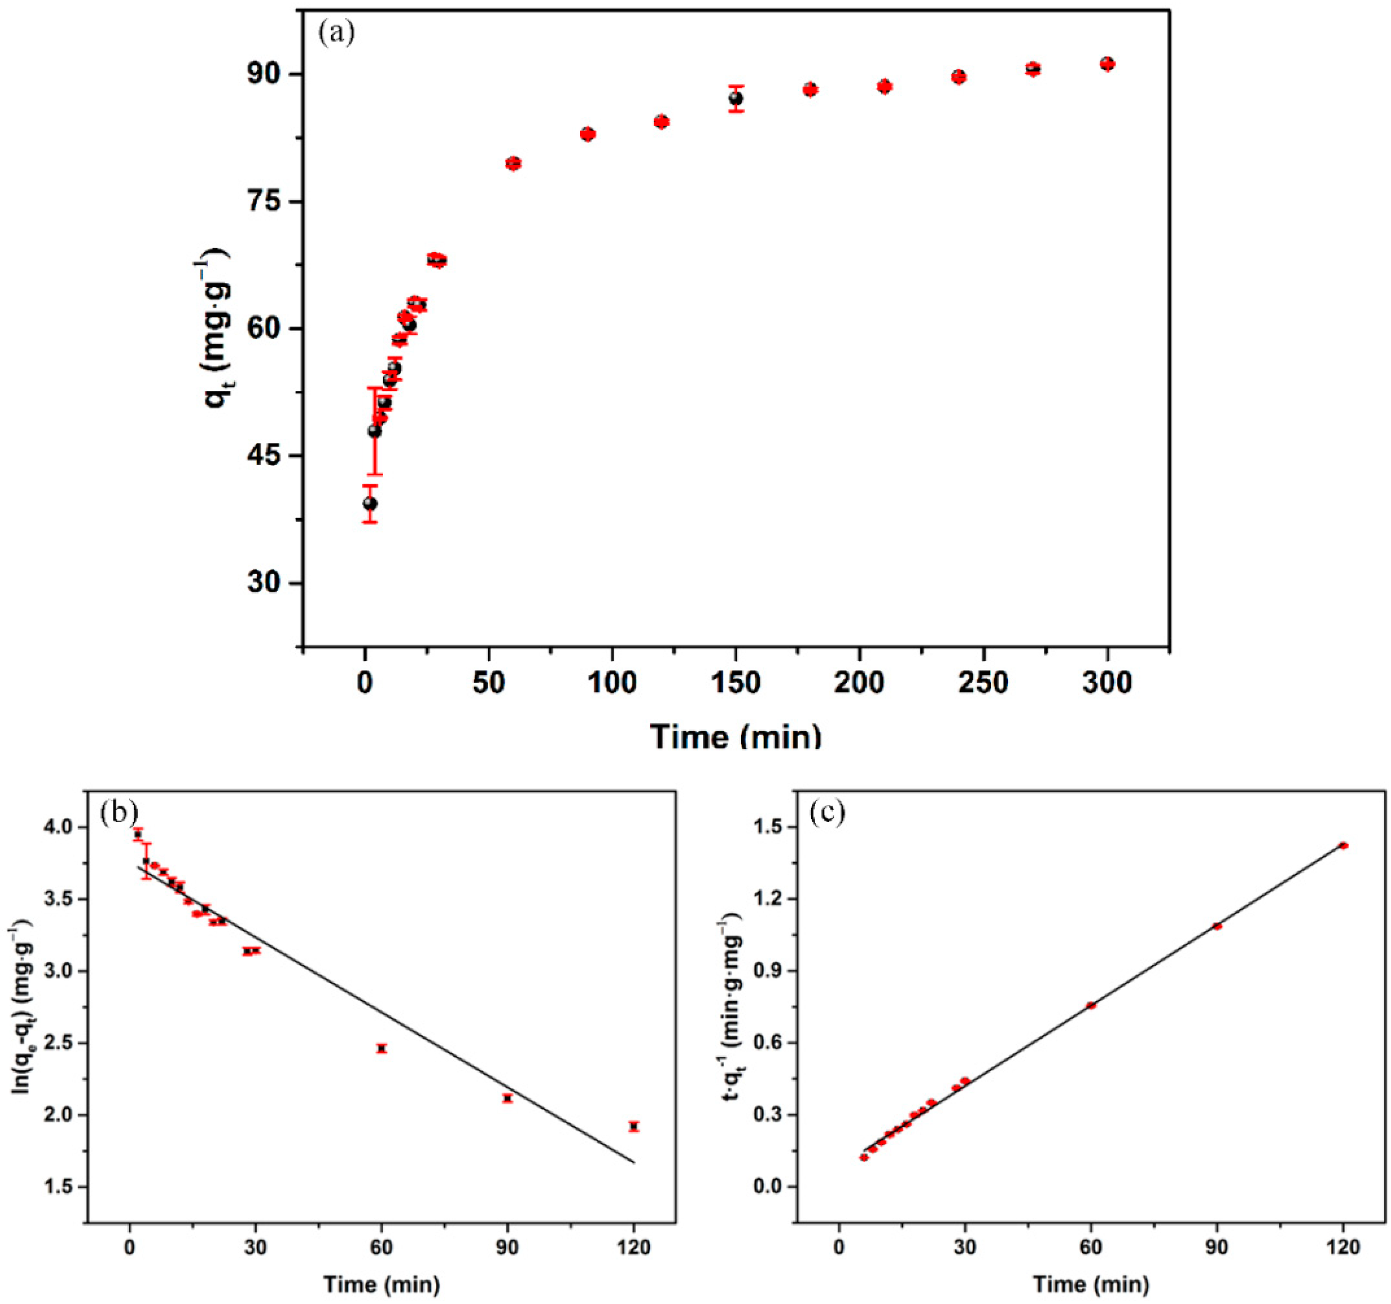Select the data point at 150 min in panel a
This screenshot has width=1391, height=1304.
(736, 99)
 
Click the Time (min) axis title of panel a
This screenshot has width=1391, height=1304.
(736, 736)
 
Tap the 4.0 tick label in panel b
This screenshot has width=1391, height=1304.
(62, 828)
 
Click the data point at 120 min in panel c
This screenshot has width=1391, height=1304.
(1343, 845)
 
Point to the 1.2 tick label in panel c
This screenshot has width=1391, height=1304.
(771, 899)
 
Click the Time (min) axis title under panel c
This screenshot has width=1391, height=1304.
(1091, 1284)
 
